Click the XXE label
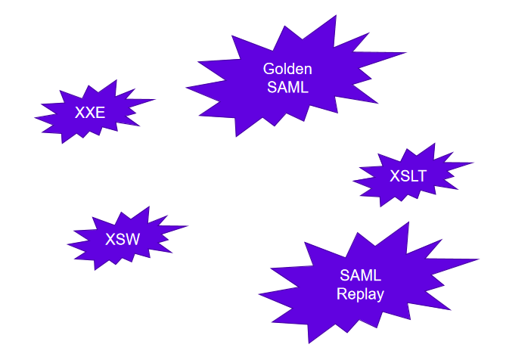point(90,113)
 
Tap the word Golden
point(287,69)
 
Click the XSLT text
point(408,177)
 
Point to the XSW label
point(123,240)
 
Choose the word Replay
point(361,294)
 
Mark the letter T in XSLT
point(422,177)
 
